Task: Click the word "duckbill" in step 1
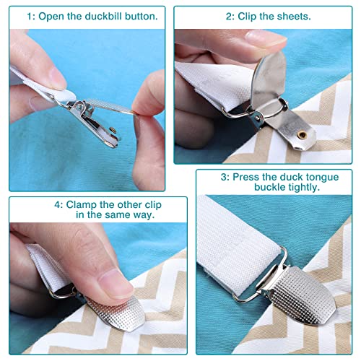click(103, 17)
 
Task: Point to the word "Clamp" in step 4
click(81, 205)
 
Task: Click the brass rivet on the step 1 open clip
click(113, 130)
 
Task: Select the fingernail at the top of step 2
click(265, 38)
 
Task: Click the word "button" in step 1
click(141, 17)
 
